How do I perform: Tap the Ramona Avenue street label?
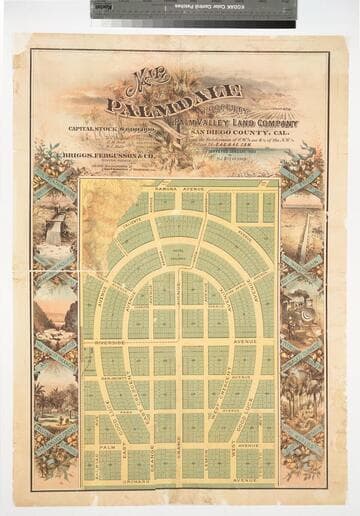coord(180,187)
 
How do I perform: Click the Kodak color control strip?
coord(194,9)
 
